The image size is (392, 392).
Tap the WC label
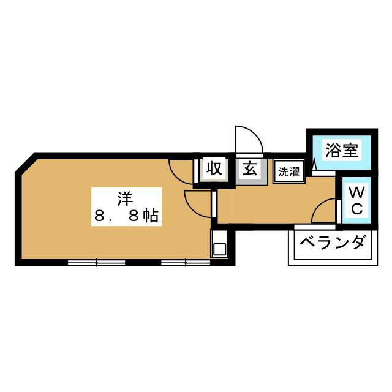tap(356, 200)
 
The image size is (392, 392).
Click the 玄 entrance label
tap(251, 168)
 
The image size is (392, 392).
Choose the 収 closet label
tap(213, 168)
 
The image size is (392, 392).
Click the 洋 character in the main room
tap(126, 198)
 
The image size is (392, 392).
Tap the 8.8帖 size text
tap(126, 215)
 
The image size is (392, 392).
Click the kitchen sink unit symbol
tap(219, 248)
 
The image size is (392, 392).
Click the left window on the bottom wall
tap(96, 263)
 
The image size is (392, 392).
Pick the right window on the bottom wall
tap(186, 263)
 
